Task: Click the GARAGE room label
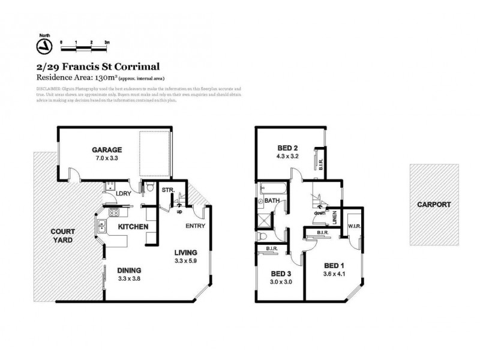107,149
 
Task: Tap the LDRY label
124,193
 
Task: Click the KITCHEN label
133,227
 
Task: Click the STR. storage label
168,190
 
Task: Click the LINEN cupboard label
334,215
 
